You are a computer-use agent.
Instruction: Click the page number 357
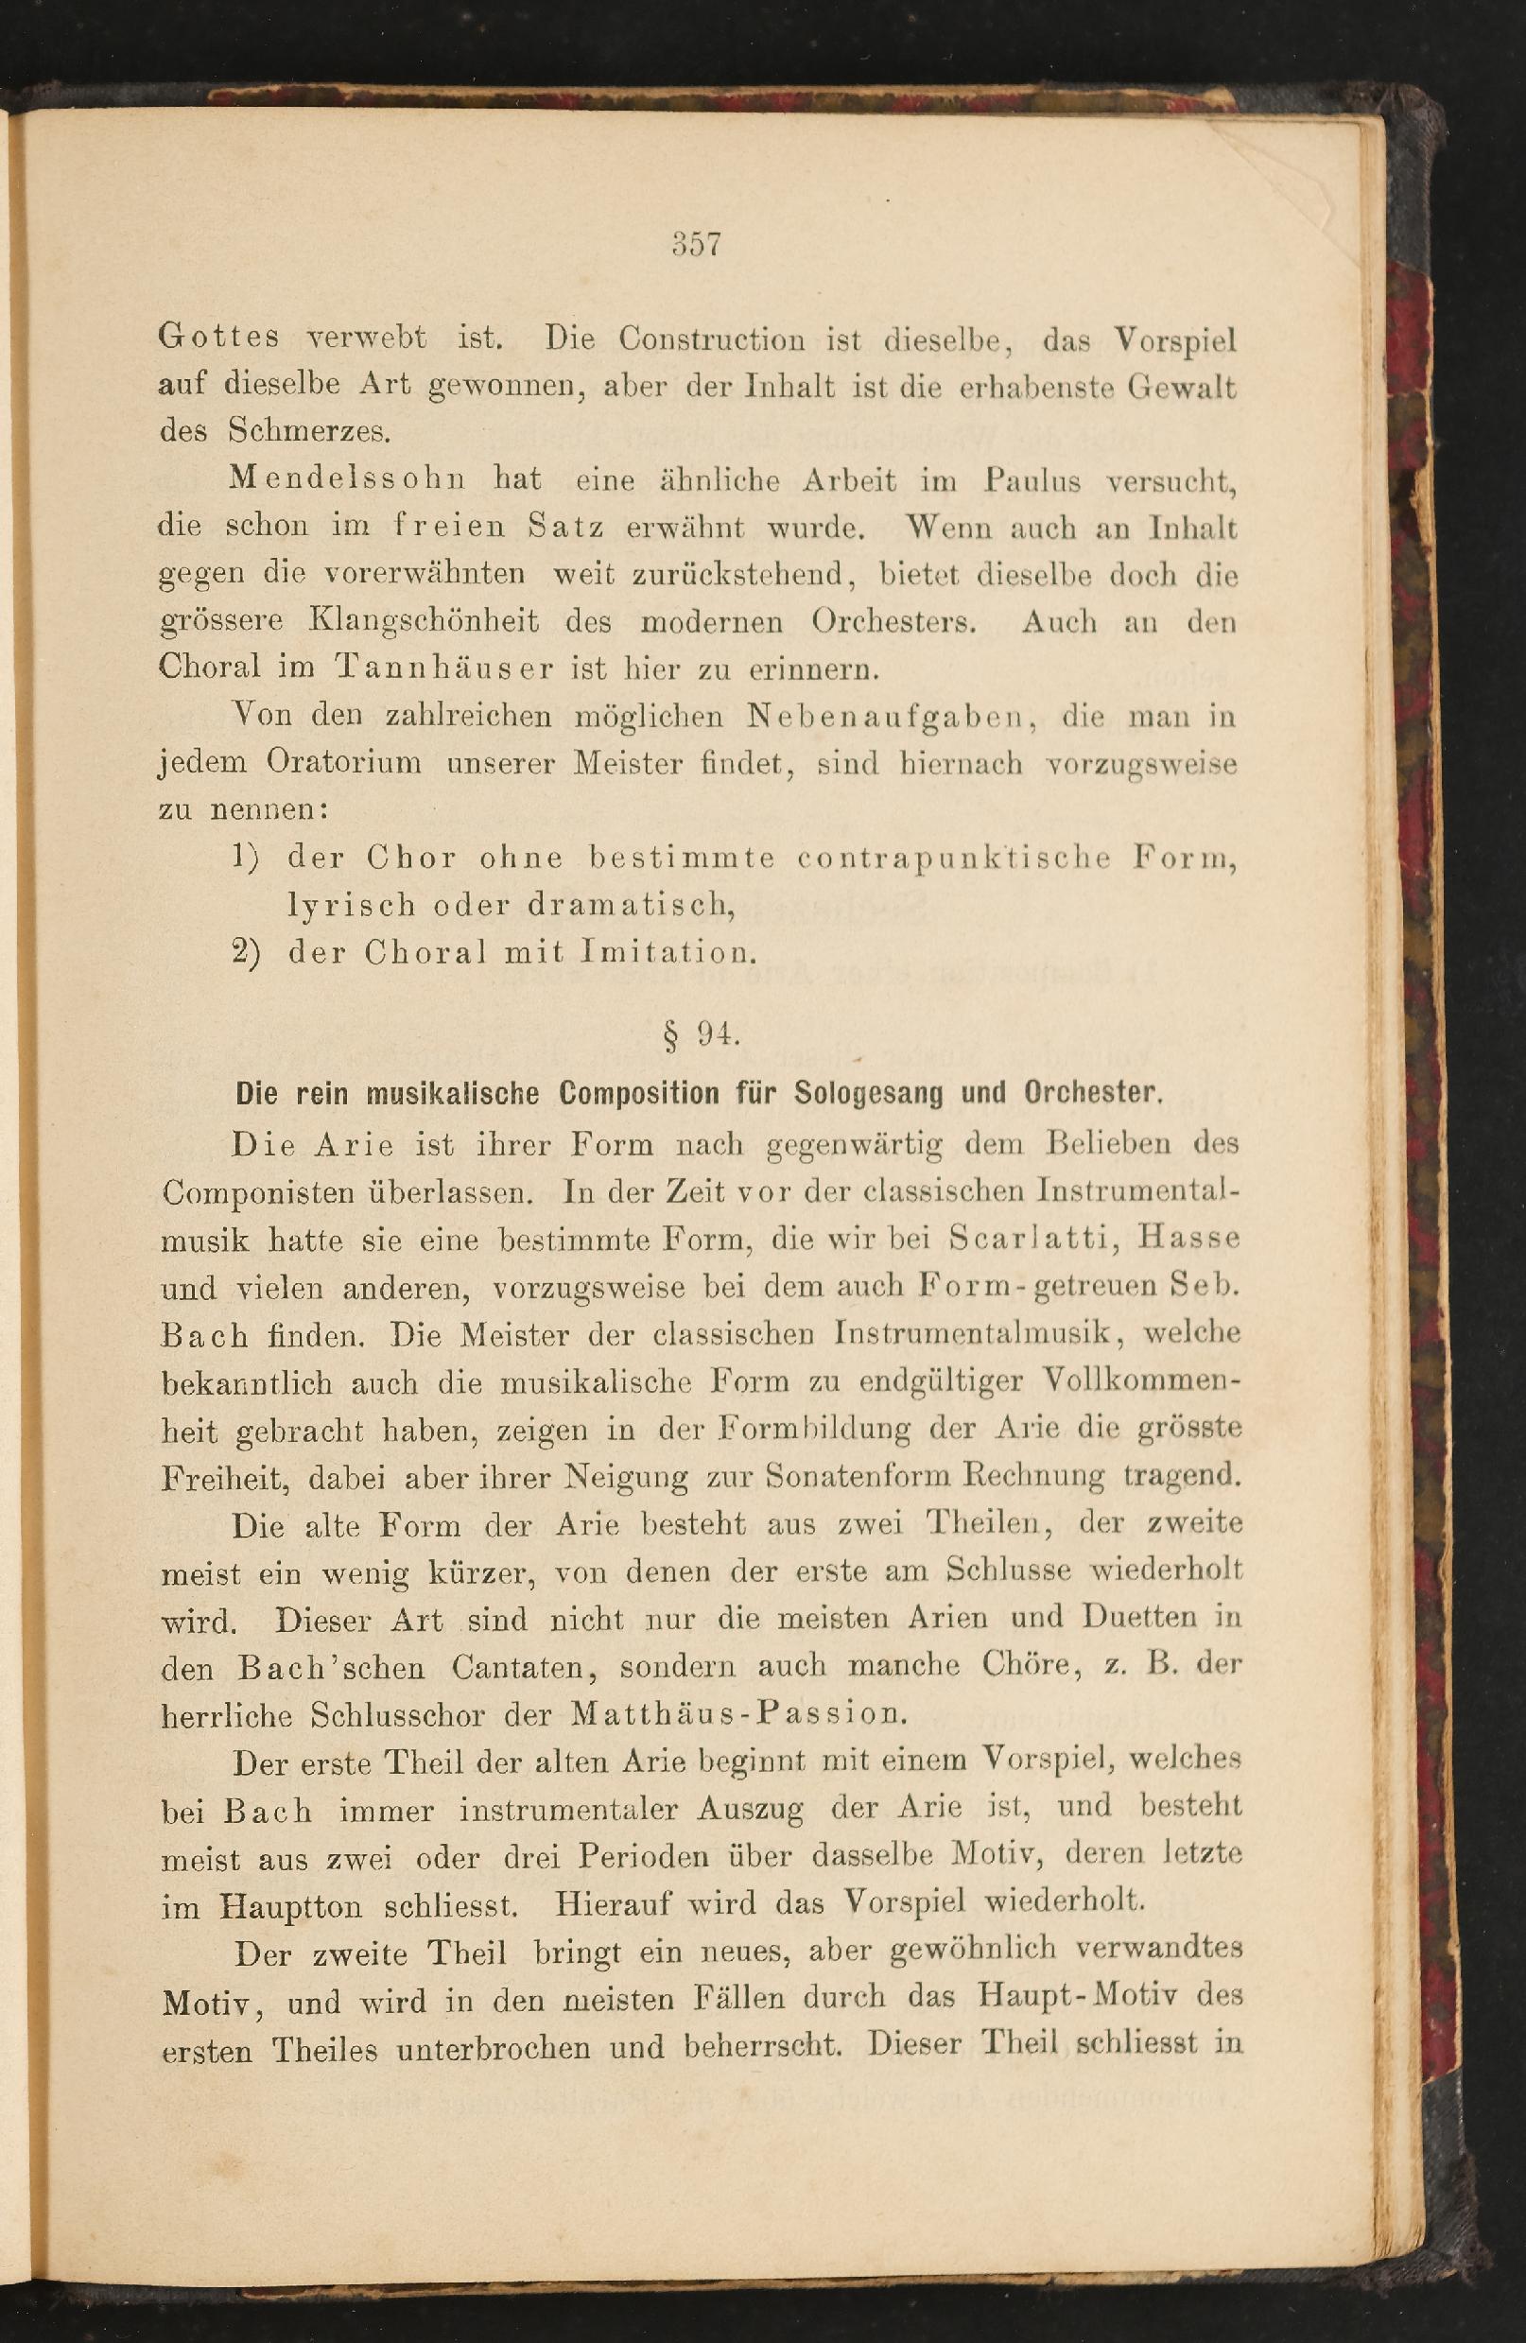(x=697, y=244)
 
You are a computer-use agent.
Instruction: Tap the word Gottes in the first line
(x=218, y=338)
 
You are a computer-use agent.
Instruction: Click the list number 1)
(x=245, y=858)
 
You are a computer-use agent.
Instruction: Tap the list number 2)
(x=246, y=953)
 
